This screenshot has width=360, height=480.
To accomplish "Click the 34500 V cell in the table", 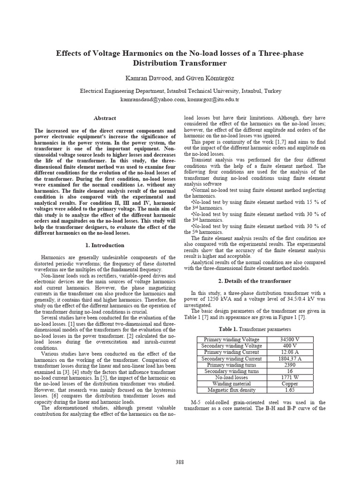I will [290, 339].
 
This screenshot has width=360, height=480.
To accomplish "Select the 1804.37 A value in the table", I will [290, 359].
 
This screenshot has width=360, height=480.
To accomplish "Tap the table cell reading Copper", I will [290, 383].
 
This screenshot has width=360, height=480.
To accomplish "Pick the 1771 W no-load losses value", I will [290, 377].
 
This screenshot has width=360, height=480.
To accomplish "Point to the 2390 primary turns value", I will [290, 365].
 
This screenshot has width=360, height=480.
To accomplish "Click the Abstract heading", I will [105, 118].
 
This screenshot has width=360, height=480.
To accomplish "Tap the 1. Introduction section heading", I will [105, 245].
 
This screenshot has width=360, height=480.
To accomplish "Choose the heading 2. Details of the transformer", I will [255, 281].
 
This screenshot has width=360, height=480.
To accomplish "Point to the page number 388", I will [180, 462].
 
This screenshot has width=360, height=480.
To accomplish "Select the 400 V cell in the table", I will [290, 346].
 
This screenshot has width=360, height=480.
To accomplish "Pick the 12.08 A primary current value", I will [290, 352].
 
